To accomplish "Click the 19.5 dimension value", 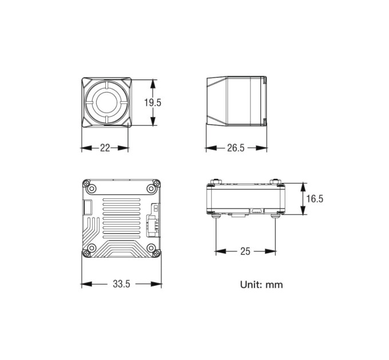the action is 153,102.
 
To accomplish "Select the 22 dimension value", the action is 105,148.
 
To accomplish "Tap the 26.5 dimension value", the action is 236,148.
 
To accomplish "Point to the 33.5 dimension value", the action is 121,284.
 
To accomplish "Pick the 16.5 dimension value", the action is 315,199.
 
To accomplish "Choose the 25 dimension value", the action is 245,251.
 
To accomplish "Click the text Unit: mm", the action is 261,285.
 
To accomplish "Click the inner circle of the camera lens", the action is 106,102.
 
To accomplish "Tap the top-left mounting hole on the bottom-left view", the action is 92,189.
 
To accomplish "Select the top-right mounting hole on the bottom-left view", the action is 151,189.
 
